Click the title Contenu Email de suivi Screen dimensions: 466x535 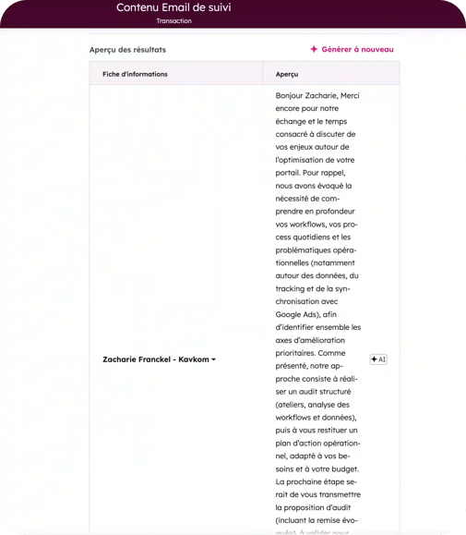[x=173, y=7]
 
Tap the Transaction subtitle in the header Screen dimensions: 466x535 [x=174, y=20]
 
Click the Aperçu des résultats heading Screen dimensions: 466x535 [x=128, y=50]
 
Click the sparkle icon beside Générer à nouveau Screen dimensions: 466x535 [x=314, y=49]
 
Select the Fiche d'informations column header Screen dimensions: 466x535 [x=128, y=74]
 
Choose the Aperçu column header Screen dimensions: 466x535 [x=287, y=74]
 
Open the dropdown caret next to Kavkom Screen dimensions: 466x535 [x=214, y=359]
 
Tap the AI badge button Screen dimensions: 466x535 [x=378, y=359]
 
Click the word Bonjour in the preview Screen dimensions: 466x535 [x=293, y=95]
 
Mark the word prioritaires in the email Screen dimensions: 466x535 [x=299, y=352]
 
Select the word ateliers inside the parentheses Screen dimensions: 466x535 [x=295, y=403]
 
